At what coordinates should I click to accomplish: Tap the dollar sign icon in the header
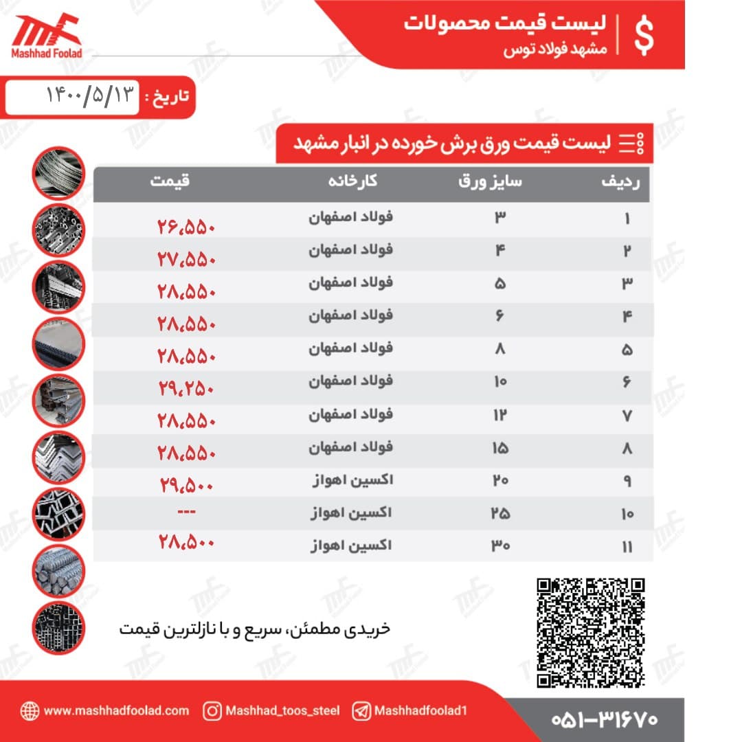tap(644, 36)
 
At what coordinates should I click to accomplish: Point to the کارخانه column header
tap(352, 182)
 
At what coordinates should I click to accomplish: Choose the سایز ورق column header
tap(491, 182)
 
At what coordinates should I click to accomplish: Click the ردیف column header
tap(620, 182)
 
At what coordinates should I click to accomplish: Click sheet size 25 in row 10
tap(500, 513)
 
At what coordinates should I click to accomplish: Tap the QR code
tap(591, 633)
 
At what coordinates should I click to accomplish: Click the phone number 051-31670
tap(605, 719)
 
